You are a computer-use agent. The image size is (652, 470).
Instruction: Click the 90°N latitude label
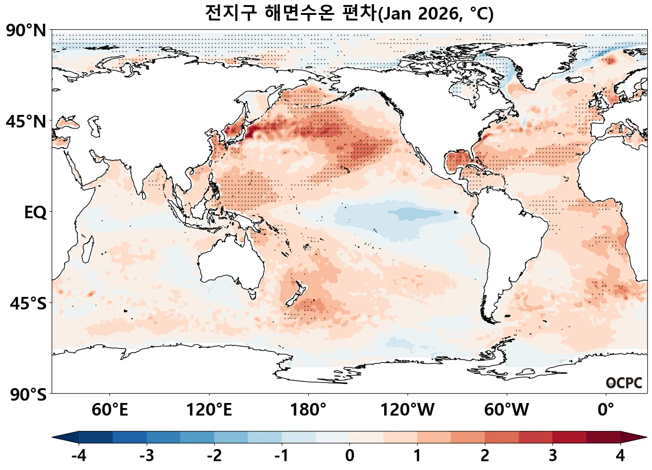coord(26,31)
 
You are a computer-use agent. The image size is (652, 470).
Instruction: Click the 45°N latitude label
coord(26,122)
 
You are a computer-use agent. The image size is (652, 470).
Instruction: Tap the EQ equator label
coord(35,213)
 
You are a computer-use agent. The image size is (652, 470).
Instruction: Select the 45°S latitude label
coord(28,304)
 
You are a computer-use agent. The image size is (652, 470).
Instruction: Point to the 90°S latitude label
coord(28,395)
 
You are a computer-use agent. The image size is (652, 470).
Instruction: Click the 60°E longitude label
coord(110,410)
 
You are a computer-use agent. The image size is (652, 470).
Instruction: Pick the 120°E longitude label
coord(209,410)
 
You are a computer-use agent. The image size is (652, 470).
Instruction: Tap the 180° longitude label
coord(308,410)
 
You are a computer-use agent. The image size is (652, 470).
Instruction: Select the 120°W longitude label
coord(407,410)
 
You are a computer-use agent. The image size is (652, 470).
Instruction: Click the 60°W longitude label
coord(507,410)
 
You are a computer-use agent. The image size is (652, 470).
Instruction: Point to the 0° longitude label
coord(606,410)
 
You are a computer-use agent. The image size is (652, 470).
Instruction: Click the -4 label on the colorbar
coord(79,456)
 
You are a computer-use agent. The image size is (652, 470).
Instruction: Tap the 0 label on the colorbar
coord(350,456)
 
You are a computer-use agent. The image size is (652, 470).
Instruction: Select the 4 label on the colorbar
coord(620,456)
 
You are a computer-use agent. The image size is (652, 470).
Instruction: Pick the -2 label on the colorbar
coord(214,456)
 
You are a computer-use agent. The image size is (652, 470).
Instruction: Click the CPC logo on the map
coord(624,383)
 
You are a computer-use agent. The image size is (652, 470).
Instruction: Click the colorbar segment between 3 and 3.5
coord(569,437)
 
